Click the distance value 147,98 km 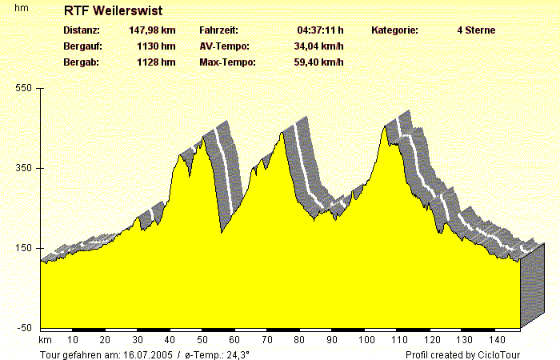tap(152, 30)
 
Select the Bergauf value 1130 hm tap(156, 46)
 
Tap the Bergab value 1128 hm tap(156, 62)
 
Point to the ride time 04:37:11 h tap(321, 30)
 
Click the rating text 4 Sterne tap(476, 30)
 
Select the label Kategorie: tap(395, 30)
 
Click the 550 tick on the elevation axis tap(24, 88)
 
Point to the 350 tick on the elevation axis tap(24, 168)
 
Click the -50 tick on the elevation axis tap(24, 328)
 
